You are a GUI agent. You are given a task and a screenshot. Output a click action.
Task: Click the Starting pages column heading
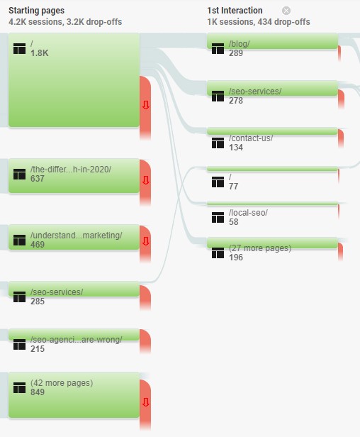(x=36, y=11)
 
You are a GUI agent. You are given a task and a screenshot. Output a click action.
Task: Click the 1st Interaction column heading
(x=235, y=11)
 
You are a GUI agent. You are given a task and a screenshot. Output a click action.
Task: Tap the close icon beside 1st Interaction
(x=286, y=11)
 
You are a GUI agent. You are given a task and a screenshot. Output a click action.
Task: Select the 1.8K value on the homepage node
(x=39, y=53)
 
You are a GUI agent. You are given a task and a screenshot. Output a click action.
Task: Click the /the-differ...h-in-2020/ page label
(x=71, y=170)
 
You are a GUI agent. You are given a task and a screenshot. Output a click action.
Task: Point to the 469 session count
(x=38, y=245)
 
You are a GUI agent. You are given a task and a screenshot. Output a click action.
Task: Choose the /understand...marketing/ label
(x=76, y=236)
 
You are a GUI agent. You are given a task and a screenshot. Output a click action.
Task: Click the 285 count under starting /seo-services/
(x=38, y=302)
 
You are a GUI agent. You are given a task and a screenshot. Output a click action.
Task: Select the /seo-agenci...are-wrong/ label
(x=76, y=340)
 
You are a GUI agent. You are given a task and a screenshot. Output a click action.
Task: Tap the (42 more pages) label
(x=62, y=383)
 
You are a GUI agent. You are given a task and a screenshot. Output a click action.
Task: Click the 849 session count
(x=38, y=392)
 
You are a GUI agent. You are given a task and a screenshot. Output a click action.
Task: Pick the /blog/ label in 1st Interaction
(x=239, y=44)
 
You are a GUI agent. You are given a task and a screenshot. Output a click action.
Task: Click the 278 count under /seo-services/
(x=236, y=101)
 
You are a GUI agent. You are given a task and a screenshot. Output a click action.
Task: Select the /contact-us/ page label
(x=251, y=138)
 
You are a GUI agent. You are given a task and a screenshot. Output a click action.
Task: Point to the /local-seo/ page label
(x=248, y=213)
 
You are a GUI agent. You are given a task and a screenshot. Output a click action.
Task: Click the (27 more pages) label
(x=260, y=248)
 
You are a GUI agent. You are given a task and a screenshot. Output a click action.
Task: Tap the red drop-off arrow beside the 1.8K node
(x=145, y=105)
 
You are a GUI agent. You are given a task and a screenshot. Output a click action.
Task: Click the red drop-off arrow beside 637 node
(x=145, y=180)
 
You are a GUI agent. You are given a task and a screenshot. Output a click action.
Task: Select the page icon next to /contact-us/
(x=218, y=143)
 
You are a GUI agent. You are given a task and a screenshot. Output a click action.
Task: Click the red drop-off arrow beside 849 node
(x=145, y=402)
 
